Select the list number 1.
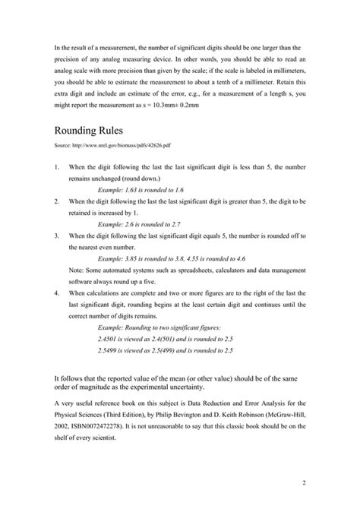58,166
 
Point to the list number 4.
58,292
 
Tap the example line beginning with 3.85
163,258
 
